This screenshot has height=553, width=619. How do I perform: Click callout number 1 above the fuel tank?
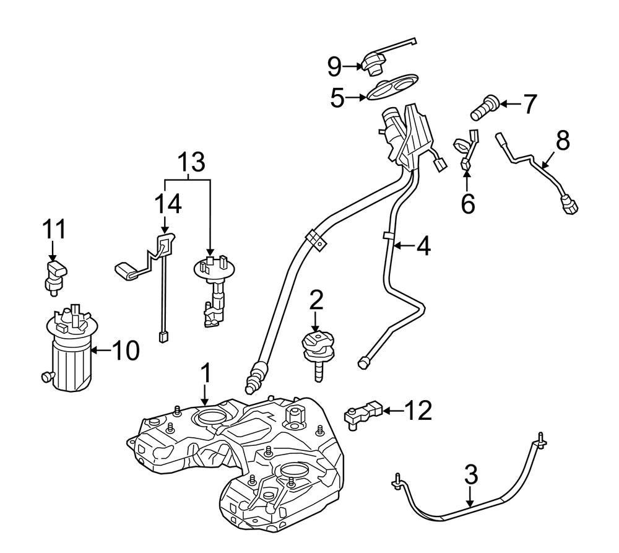[206, 374]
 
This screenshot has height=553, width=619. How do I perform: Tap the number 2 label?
[316, 301]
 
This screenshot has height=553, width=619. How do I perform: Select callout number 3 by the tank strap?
[470, 475]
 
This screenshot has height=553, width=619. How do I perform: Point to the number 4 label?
[423, 246]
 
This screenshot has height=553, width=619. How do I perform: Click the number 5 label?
[337, 98]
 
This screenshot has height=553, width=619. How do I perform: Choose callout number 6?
[467, 202]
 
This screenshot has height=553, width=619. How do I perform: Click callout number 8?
[562, 142]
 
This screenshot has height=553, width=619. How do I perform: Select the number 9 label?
[334, 64]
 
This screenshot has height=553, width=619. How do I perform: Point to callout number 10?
[126, 351]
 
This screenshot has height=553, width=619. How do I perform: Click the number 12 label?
[423, 410]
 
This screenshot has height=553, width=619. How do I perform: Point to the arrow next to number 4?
[403, 246]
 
